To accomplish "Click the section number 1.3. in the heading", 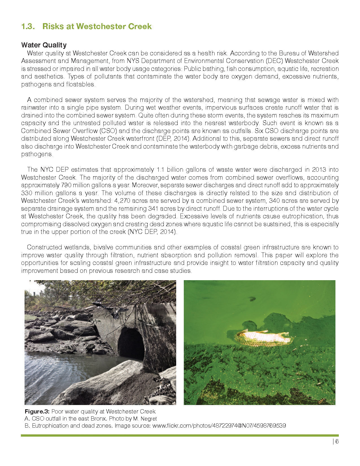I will (28, 27).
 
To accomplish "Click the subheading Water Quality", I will (44, 45).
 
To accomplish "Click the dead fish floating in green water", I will (264, 337).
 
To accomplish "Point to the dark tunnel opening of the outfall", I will (130, 343).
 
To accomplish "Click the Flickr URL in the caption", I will (219, 426).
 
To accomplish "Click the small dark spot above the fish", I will (252, 299).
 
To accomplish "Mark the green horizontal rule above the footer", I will (180, 435).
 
